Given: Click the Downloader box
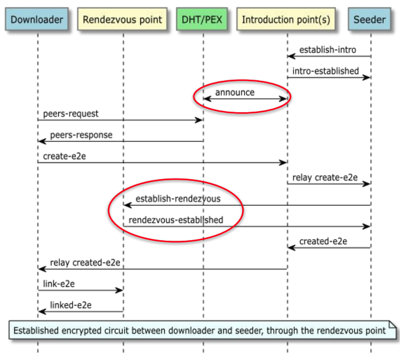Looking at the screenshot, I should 37,20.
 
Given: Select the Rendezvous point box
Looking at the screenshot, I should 123,20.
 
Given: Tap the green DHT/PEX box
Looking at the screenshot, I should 203,20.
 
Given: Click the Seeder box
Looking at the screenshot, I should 370,20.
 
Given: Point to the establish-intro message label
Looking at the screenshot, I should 327,50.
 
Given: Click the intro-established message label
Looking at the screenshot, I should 326,72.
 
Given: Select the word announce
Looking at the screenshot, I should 235,92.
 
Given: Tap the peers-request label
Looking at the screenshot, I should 71,114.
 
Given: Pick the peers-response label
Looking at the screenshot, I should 81,135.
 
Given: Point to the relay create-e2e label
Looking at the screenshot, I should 325,177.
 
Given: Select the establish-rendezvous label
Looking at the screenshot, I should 178,199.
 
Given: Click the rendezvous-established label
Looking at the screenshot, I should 176,220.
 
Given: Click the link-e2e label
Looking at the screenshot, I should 59,284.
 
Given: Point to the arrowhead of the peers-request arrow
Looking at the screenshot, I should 200,120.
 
